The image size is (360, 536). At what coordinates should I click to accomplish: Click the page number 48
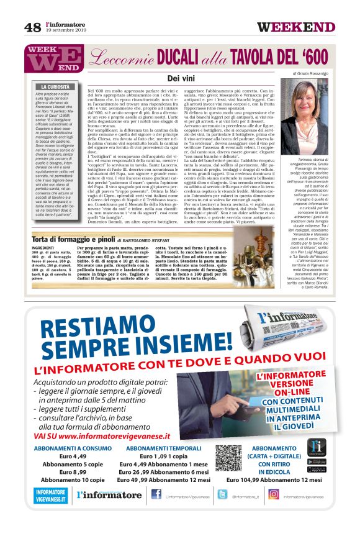(32, 27)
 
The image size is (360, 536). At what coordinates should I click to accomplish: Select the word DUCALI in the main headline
(169, 58)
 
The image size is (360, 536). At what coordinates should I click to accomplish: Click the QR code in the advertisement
(229, 460)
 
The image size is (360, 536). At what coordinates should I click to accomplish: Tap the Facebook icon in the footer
(156, 495)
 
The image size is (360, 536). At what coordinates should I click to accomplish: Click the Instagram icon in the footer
(273, 495)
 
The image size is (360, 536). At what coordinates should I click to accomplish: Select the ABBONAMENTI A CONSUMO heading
(73, 448)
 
